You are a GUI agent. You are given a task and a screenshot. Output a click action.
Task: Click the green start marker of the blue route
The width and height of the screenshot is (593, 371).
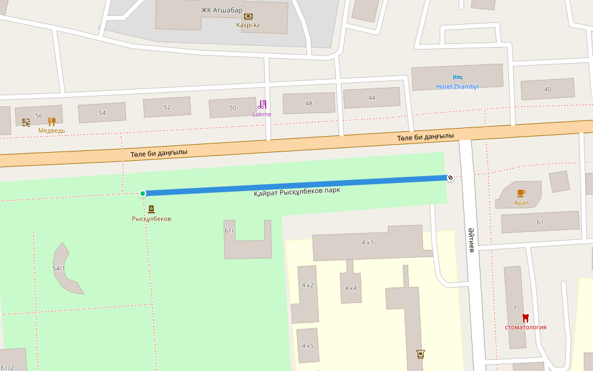point(143,194)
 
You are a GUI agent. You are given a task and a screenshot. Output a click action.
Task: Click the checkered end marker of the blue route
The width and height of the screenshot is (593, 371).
point(450,178)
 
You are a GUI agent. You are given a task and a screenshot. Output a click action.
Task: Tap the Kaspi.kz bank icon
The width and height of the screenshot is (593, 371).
point(248,16)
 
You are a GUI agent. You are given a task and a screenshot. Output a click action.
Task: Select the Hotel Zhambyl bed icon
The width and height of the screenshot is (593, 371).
point(457,77)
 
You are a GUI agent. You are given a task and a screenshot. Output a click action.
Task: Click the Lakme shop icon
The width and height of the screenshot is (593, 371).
point(262,104)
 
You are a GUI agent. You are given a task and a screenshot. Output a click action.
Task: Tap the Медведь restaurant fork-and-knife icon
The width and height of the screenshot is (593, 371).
point(52,122)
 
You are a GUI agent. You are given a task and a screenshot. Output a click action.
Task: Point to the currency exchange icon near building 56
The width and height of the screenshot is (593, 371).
point(26,122)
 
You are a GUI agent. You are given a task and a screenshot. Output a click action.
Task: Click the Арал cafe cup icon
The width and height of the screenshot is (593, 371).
point(521,193)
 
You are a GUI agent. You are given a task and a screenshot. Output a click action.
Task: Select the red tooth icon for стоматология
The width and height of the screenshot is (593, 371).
point(526,318)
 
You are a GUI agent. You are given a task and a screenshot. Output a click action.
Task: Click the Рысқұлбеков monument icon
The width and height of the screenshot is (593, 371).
point(151,209)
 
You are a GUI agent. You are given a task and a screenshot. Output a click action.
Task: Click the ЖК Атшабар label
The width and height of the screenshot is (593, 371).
point(221,10)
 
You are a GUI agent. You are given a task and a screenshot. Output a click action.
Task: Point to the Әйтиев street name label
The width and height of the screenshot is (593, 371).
point(471,239)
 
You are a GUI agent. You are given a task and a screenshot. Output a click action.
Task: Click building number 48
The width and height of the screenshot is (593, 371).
point(309,103)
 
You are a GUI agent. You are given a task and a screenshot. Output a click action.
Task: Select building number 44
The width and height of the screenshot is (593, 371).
point(371,98)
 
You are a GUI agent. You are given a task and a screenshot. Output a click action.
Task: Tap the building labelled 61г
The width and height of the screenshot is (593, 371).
point(230,231)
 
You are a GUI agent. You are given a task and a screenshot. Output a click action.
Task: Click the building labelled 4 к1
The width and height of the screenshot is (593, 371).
point(368,242)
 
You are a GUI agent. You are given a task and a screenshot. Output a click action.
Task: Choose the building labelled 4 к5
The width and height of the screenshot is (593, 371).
point(308,346)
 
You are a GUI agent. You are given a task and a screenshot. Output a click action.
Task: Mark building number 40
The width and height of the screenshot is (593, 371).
point(547,89)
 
